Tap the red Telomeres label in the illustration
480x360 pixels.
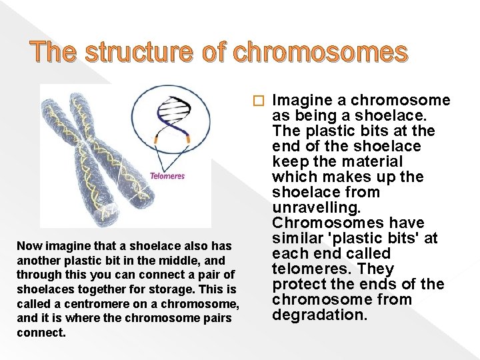(x=167, y=177)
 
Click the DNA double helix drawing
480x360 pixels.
(x=173, y=119)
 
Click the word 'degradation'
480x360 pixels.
(x=319, y=315)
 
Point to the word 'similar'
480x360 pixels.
(x=298, y=238)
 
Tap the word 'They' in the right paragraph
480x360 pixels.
(x=376, y=269)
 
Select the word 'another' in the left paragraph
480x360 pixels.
(x=37, y=261)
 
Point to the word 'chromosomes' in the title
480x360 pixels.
(x=321, y=51)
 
